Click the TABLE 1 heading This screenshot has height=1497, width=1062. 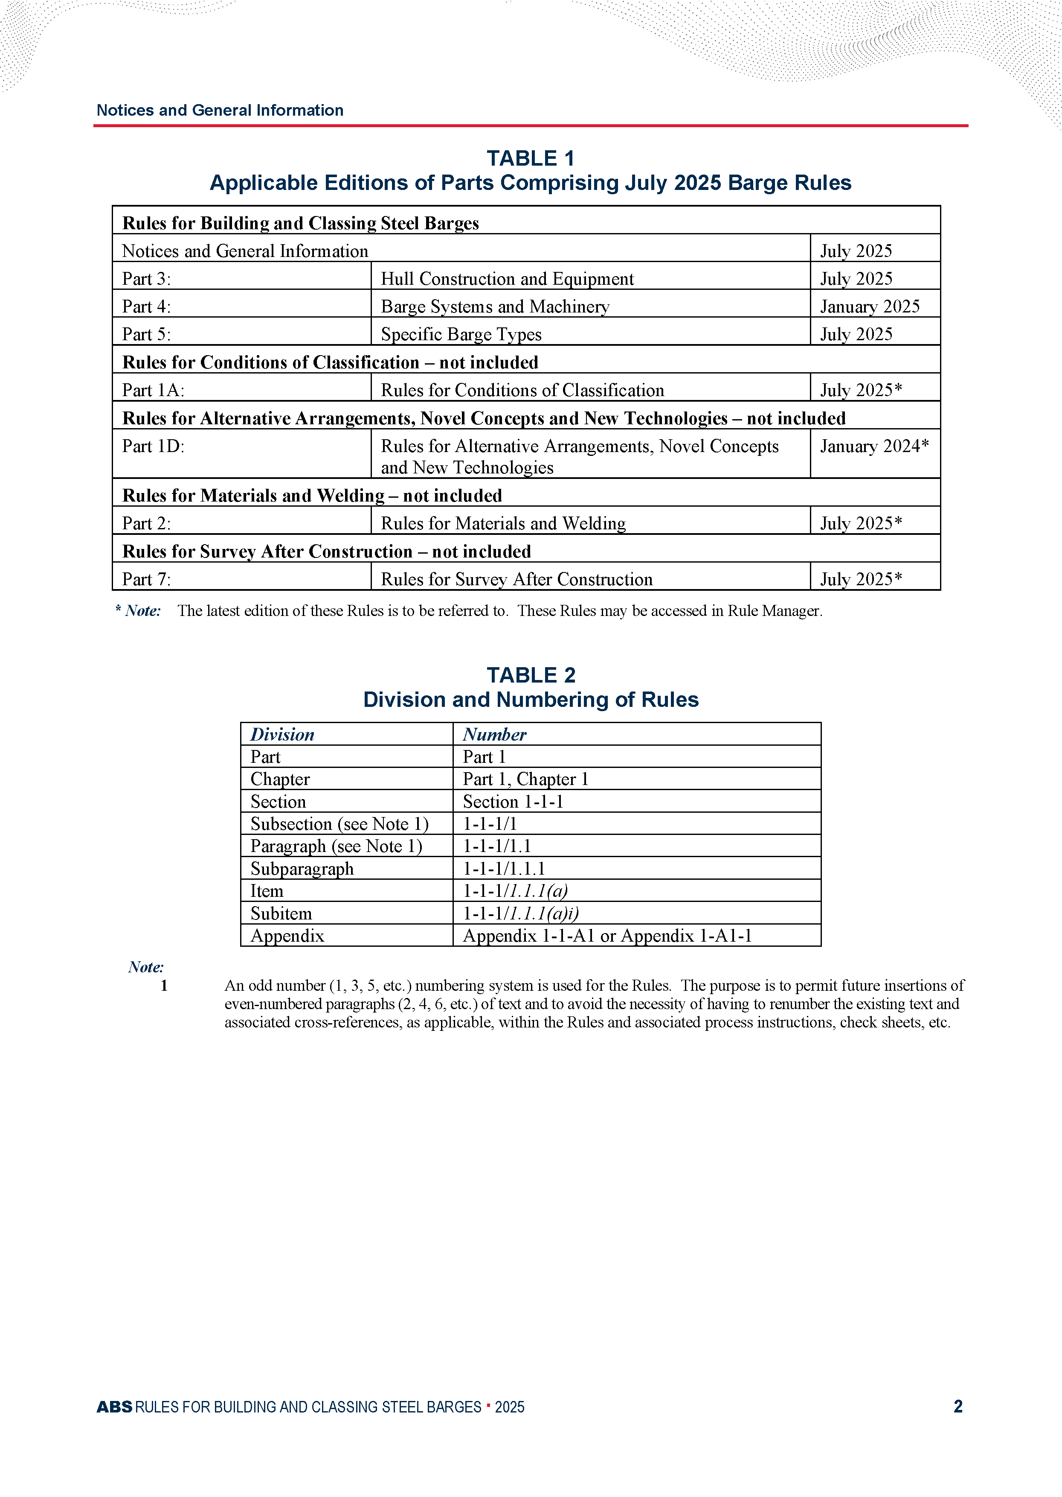point(530,158)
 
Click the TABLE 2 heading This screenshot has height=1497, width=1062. point(530,675)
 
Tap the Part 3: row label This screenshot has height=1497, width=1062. point(146,279)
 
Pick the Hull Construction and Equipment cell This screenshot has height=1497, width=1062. point(507,279)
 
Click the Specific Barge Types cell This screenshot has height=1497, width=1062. point(461,334)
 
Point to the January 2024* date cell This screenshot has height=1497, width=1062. point(873,446)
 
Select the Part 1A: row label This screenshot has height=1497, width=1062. point(153,391)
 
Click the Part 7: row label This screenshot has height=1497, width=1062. point(146,579)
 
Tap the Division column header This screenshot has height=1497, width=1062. point(282,734)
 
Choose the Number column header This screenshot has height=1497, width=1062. point(494,734)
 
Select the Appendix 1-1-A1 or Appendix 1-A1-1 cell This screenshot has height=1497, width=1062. point(607,936)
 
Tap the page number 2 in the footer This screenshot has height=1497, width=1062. point(958,1406)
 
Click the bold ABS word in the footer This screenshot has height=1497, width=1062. point(114,1407)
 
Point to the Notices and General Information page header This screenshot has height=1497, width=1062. point(220,110)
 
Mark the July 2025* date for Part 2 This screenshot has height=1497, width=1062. point(861,523)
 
